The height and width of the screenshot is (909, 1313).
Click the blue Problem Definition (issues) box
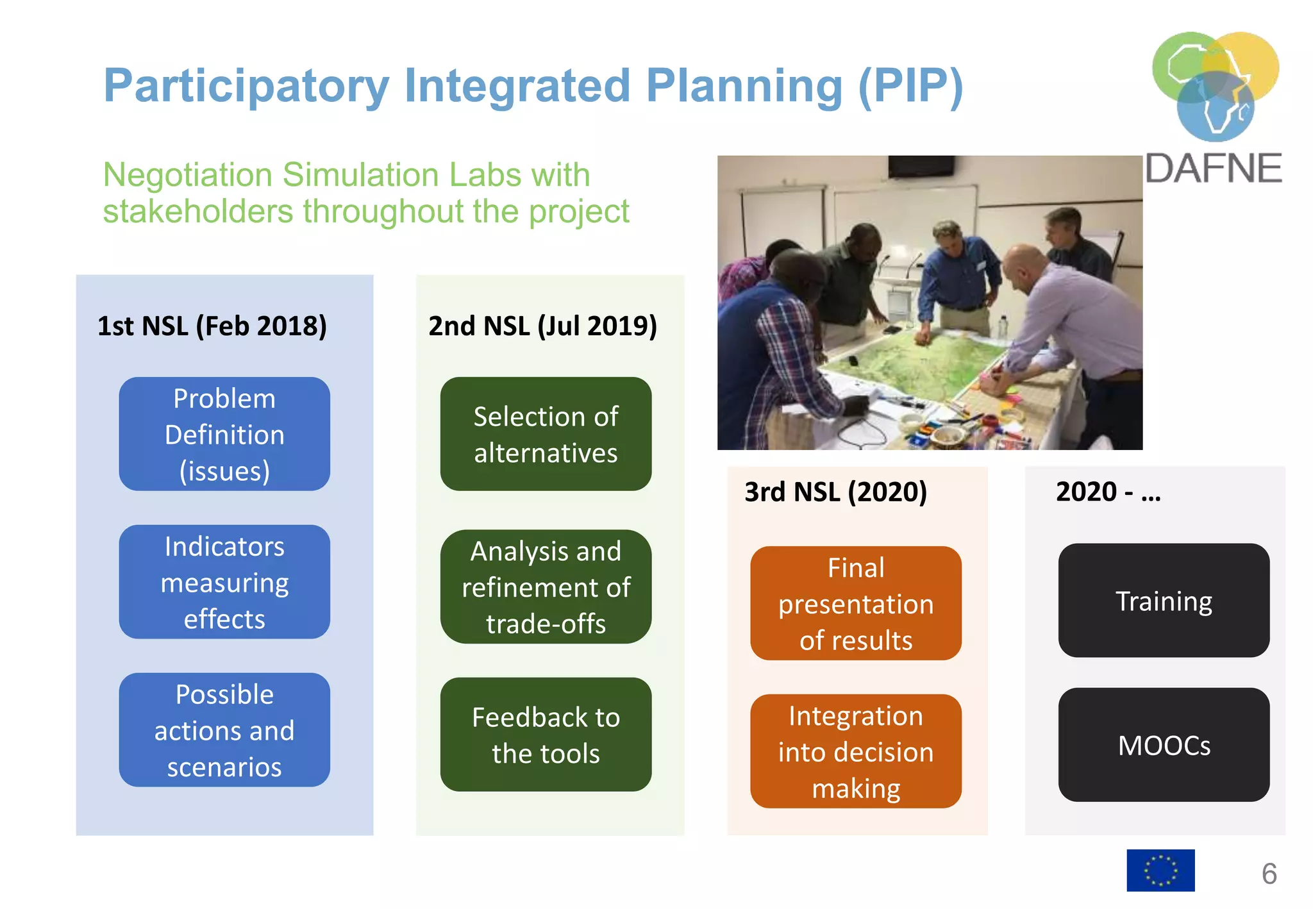tap(224, 434)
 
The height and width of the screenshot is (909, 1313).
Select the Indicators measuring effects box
tap(224, 582)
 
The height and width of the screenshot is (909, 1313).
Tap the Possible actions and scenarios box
tap(224, 730)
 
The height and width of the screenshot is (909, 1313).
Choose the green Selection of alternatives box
tap(546, 434)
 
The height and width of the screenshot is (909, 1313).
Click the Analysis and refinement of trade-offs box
tap(546, 587)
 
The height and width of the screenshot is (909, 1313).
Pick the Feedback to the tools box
tap(546, 735)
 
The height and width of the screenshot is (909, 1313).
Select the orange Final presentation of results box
tap(856, 603)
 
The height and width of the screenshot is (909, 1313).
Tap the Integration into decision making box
tap(856, 751)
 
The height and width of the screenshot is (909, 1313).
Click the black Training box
tap(1164, 601)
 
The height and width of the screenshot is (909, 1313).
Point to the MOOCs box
tap(1164, 745)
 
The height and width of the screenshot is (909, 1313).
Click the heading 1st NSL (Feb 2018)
tap(212, 326)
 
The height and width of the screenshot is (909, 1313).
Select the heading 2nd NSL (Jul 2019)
tap(542, 326)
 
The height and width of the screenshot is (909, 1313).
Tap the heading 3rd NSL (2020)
tap(835, 492)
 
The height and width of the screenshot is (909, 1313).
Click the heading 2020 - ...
tap(1108, 492)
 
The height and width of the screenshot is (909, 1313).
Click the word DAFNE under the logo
tap(1213, 169)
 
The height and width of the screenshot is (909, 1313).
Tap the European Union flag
tap(1160, 871)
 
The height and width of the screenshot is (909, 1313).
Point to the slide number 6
tap(1269, 874)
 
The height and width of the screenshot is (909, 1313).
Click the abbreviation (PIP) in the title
tap(910, 86)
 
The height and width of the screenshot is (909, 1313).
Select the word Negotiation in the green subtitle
tap(187, 174)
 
